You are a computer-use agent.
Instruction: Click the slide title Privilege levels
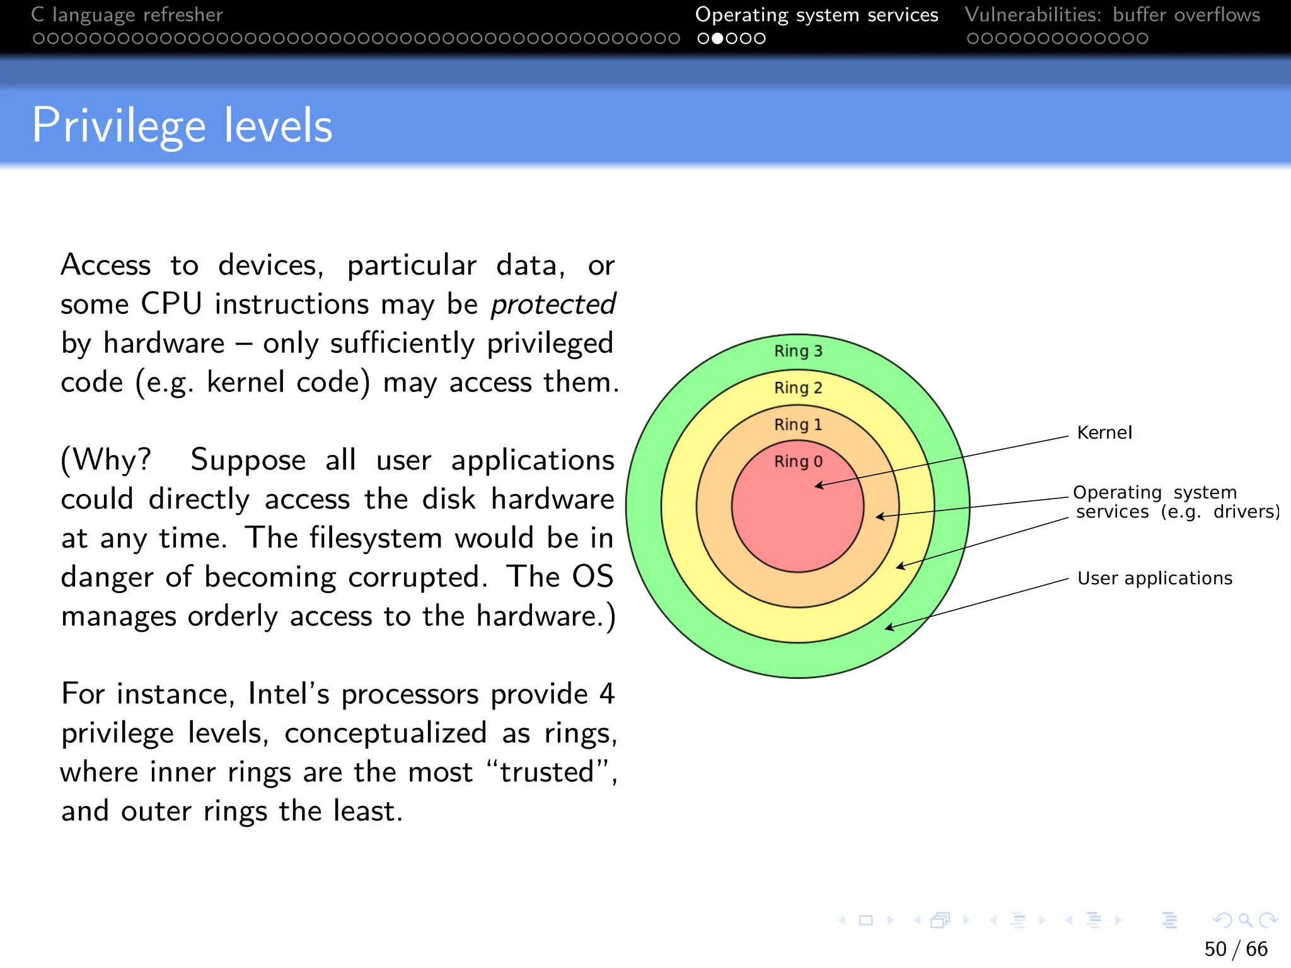click(182, 126)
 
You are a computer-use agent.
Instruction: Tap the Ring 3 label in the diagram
click(798, 351)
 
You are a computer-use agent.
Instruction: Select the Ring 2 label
click(798, 388)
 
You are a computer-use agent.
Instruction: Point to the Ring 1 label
click(798, 425)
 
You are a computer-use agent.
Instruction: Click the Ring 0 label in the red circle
click(798, 461)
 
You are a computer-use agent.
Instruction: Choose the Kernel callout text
click(1104, 433)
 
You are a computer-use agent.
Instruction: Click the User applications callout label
click(1155, 579)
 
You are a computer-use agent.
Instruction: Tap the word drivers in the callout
click(1246, 512)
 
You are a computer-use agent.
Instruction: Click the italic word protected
click(553, 305)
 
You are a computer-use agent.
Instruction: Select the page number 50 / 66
click(1236, 948)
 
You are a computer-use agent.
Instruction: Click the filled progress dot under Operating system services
click(717, 38)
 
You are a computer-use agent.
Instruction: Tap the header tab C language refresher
click(127, 14)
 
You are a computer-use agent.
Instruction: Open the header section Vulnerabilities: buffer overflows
click(1112, 14)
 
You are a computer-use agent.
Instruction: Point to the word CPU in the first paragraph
click(171, 304)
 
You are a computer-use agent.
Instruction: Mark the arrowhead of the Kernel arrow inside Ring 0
click(817, 485)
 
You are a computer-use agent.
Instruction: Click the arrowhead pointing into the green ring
click(888, 627)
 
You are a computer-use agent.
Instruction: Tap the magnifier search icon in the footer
click(1245, 921)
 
